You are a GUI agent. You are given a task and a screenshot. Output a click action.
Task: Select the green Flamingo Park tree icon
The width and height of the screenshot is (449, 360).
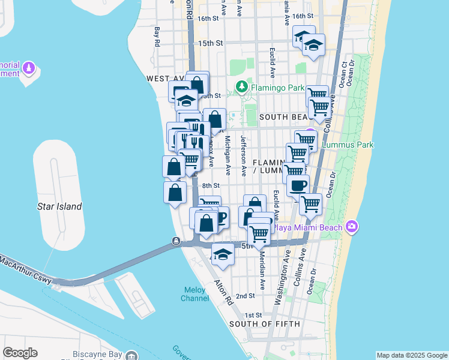click(241, 88)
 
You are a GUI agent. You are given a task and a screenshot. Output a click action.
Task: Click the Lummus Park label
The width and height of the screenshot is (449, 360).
click(348, 145)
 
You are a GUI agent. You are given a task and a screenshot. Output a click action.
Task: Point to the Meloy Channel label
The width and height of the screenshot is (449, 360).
click(196, 294)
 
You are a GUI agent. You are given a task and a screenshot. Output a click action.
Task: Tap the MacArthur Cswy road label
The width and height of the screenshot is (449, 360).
click(26, 269)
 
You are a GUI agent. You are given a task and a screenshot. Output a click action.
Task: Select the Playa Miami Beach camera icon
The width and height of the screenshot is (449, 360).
click(352, 227)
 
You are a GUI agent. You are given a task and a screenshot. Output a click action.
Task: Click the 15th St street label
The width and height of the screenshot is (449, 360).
click(210, 43)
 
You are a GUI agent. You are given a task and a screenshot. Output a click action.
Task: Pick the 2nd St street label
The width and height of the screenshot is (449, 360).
click(245, 296)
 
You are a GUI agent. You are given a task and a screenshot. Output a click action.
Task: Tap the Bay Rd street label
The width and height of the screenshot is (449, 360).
click(157, 37)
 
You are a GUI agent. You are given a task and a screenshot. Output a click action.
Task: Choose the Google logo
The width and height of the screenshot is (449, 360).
click(20, 353)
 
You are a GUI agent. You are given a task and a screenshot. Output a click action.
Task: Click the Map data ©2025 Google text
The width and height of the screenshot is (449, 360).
click(412, 355)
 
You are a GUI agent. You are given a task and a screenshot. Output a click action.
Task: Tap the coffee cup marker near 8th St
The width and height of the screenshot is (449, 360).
click(298, 185)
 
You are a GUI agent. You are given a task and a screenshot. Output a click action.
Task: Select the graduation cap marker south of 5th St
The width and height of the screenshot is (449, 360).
click(223, 254)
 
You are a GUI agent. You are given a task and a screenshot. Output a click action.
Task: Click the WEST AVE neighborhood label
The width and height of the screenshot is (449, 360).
click(164, 79)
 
